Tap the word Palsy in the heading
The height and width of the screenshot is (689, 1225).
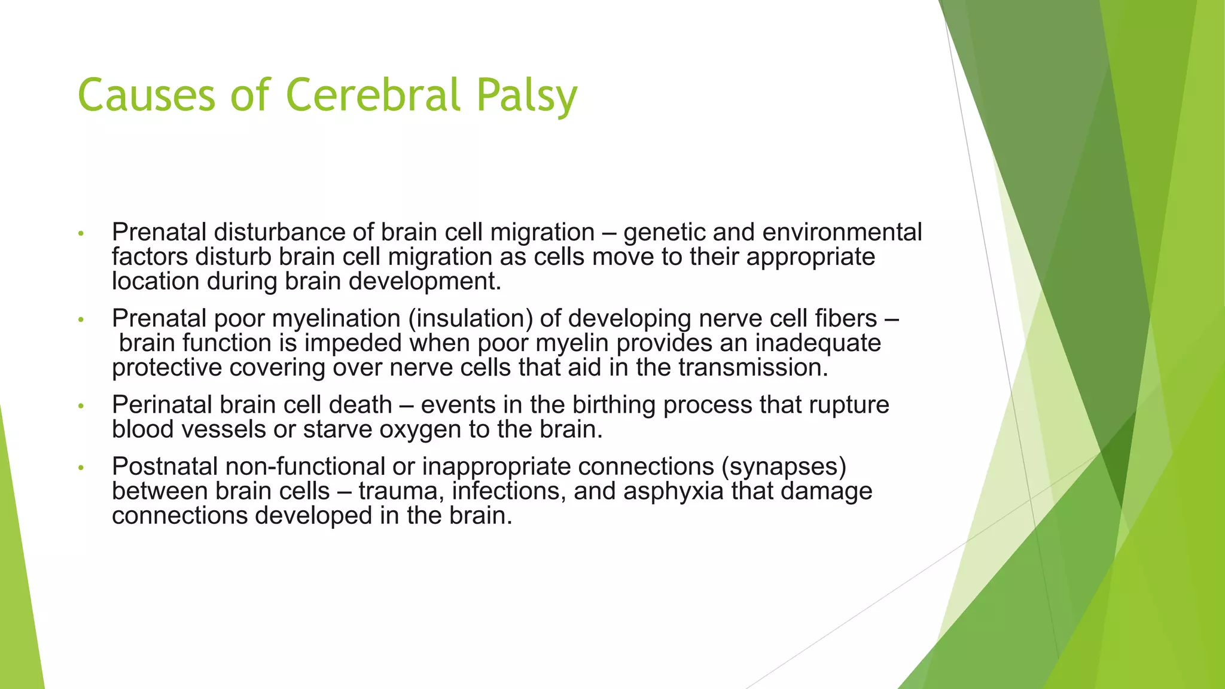(527, 96)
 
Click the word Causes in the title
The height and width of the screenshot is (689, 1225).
(146, 94)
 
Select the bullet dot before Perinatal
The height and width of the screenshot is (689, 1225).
(82, 407)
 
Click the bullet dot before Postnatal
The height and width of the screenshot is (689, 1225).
(82, 468)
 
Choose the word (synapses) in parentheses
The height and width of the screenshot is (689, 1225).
(784, 467)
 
